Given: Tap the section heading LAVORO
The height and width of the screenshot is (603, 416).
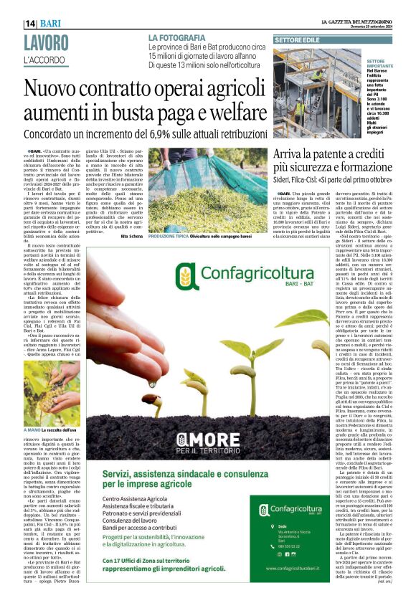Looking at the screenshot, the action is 48,42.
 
